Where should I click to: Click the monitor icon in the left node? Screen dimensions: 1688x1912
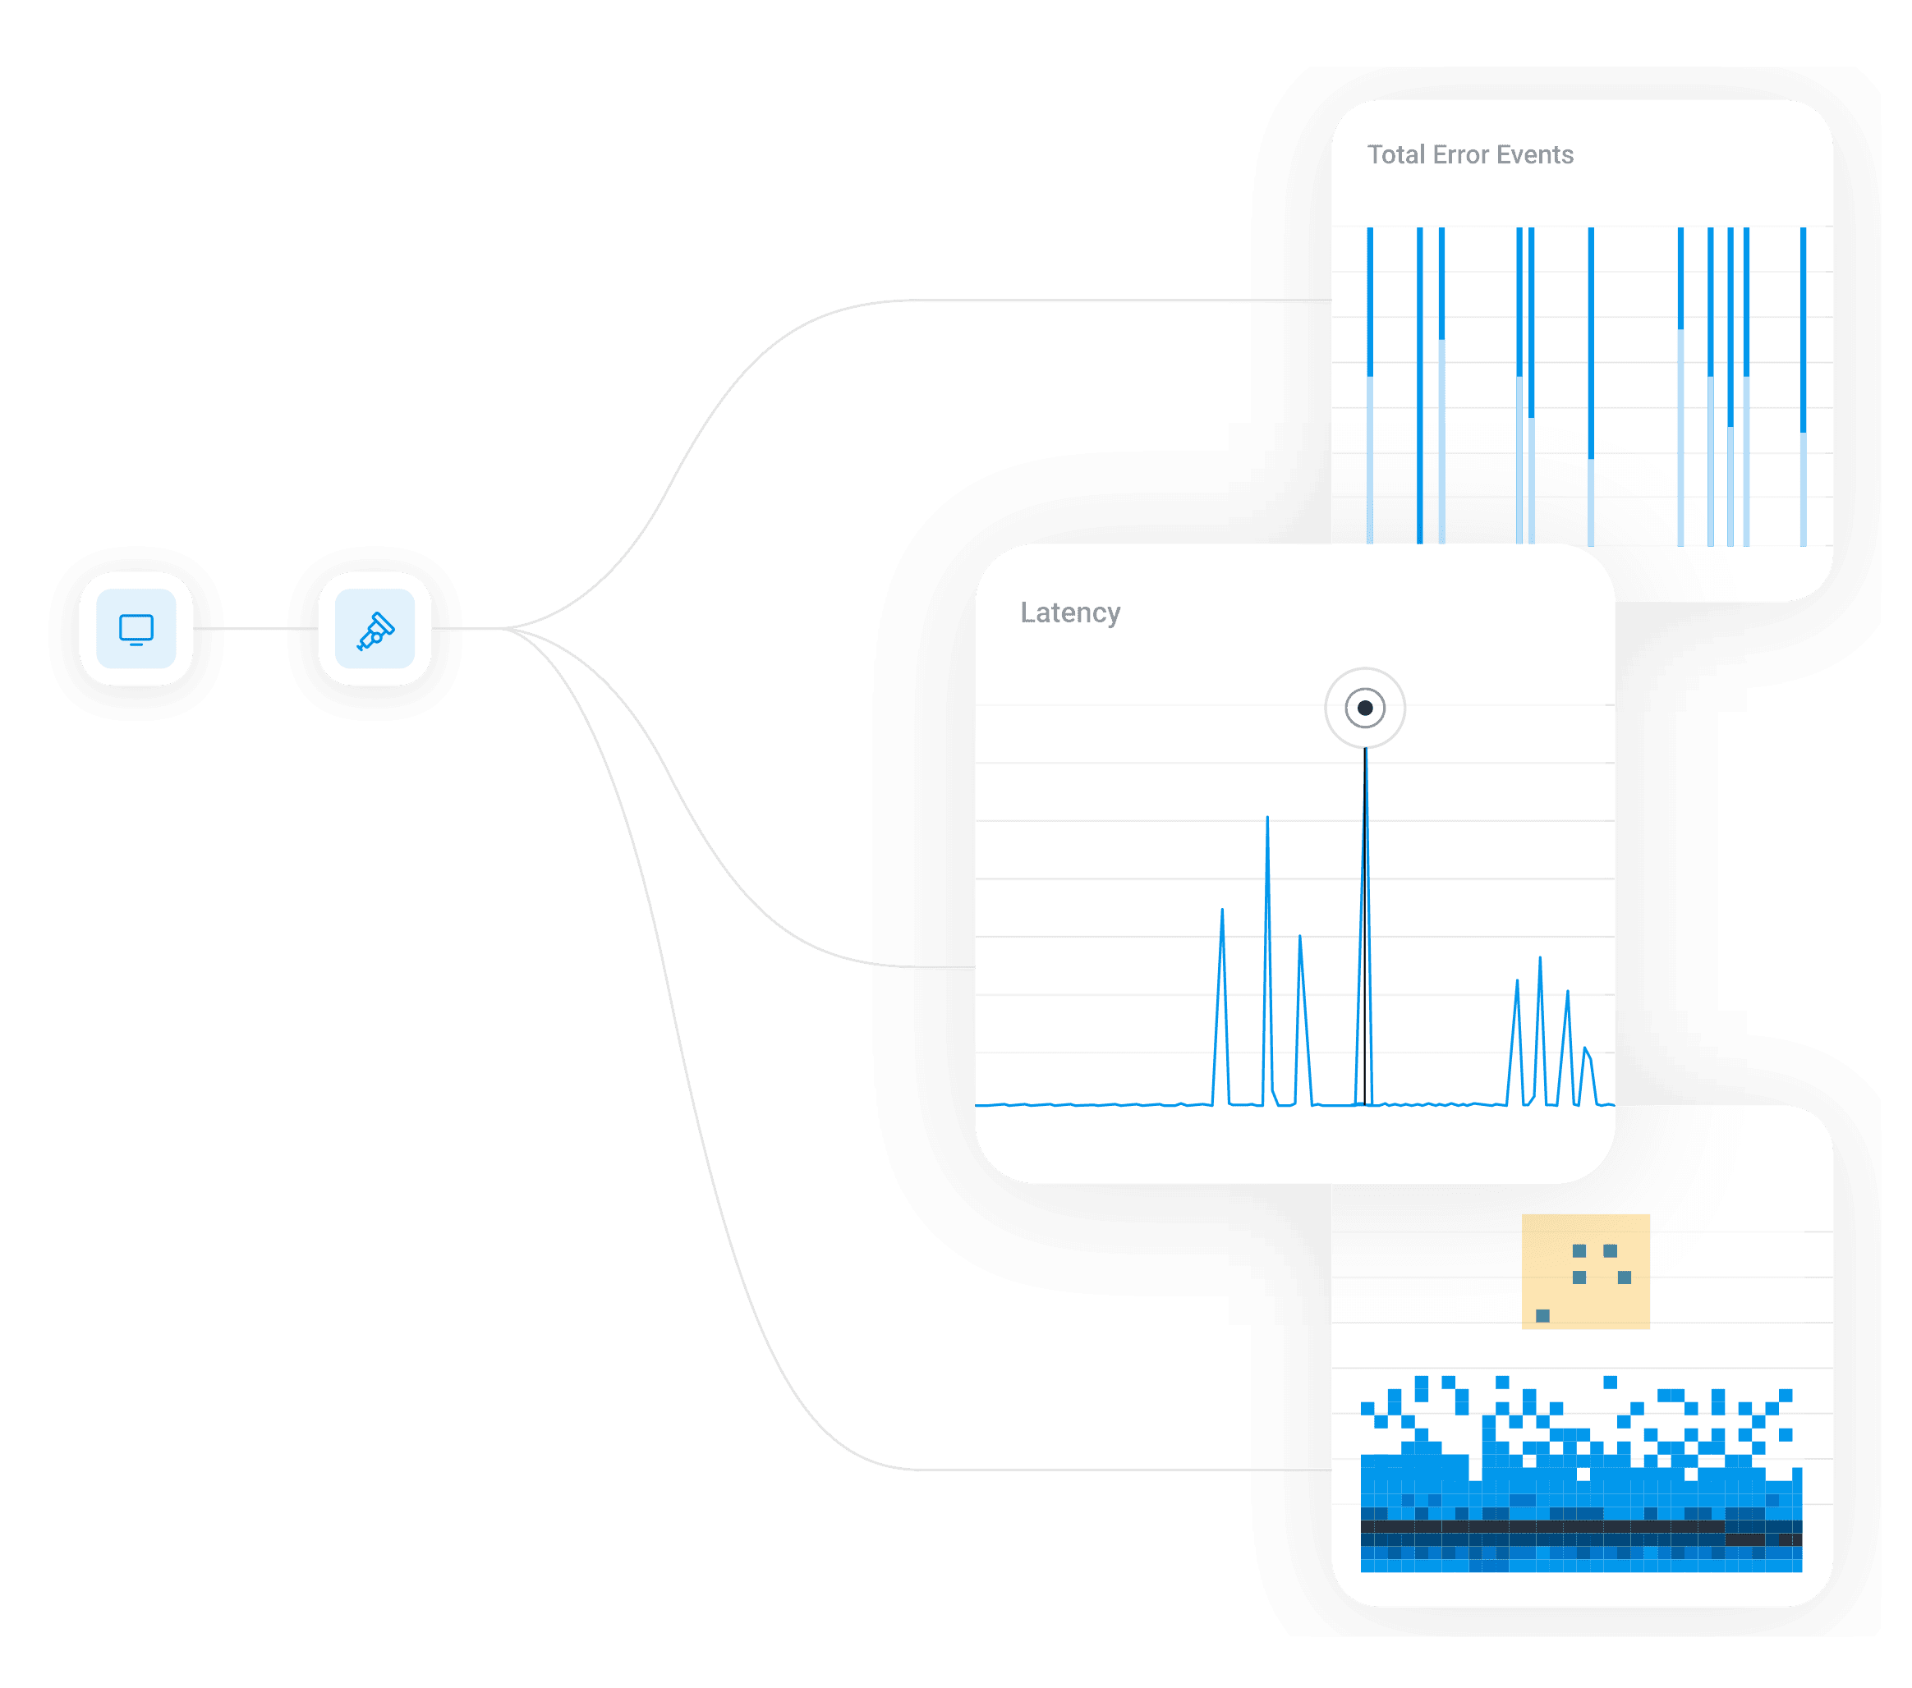[136, 628]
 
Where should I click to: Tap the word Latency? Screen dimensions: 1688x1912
[1070, 612]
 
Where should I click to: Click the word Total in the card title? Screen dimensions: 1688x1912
[1395, 154]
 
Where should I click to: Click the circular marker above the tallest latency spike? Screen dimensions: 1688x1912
[1365, 708]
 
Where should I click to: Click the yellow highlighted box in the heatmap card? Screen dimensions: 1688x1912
[1586, 1271]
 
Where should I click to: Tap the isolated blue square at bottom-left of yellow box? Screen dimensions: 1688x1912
[1542, 1316]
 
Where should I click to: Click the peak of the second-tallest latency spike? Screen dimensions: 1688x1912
[1267, 819]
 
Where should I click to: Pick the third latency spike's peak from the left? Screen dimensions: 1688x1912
[1299, 937]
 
